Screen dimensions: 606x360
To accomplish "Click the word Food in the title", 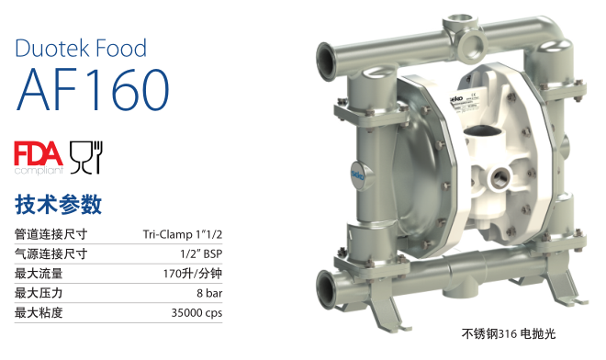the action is point(121,49).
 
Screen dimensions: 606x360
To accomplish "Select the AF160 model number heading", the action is point(93,90).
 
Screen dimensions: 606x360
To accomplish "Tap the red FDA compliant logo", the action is point(39,158).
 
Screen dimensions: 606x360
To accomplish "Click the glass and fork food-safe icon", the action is point(85,157).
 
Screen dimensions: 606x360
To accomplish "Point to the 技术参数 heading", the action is point(59,205).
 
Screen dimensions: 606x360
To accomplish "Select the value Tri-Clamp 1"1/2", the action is point(183,234).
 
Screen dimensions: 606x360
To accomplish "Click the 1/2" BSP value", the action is point(201,253).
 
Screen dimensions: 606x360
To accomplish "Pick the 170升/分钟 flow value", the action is point(193,274).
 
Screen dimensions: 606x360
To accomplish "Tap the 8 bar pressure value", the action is point(209,293).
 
